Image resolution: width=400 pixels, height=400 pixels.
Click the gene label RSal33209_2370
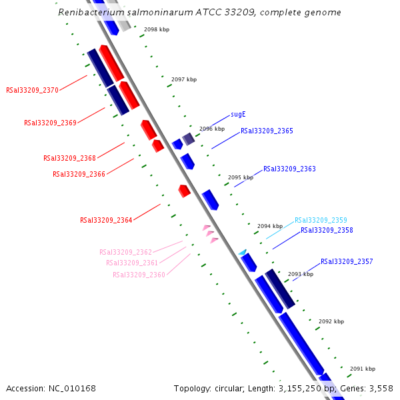point(33,90)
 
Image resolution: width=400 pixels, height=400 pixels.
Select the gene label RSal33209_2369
point(51,123)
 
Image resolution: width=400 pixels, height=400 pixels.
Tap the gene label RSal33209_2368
point(70,159)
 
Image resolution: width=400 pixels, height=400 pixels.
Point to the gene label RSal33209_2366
point(79,174)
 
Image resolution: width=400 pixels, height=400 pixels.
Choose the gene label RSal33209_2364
point(107,220)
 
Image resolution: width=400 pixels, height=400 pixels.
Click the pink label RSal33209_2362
point(126,252)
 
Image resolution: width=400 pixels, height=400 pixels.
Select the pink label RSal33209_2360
point(139,275)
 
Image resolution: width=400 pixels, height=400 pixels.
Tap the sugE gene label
point(238,115)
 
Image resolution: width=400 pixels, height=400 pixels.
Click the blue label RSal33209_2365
point(267,131)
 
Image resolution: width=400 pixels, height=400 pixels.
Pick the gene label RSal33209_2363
point(289,169)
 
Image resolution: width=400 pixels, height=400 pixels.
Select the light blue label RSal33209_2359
point(321,220)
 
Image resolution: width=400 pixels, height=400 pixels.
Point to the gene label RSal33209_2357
point(347,262)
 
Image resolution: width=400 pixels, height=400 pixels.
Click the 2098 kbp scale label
point(157,29)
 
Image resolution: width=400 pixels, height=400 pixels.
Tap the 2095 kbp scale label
point(241,178)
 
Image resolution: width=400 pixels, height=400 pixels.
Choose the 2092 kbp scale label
point(331,321)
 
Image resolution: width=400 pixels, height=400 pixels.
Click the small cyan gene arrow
point(243,252)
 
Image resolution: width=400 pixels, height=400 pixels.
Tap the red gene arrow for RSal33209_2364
point(184,191)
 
